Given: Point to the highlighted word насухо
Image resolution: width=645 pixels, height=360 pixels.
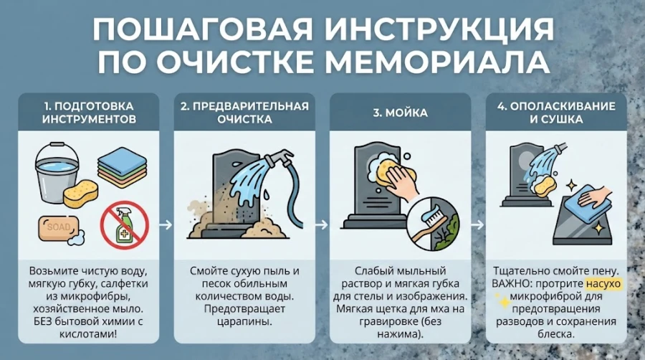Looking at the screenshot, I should point(603,283).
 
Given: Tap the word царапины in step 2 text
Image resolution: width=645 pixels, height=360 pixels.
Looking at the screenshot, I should point(244,321).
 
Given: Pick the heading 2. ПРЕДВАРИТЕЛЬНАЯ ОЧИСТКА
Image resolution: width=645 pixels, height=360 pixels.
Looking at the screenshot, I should point(244,113).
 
